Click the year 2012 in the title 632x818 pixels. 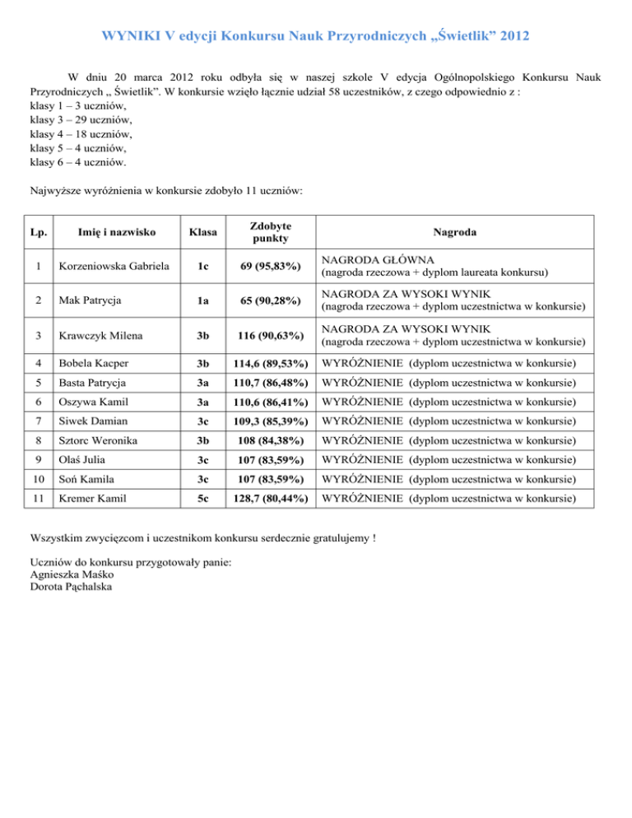tap(511, 37)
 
